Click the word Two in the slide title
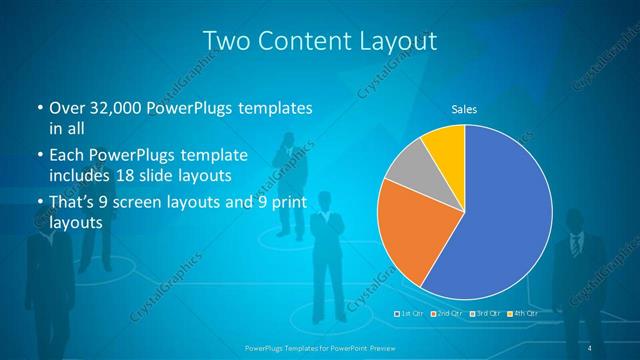[225, 42]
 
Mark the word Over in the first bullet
[64, 107]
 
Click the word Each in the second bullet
[65, 156]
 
